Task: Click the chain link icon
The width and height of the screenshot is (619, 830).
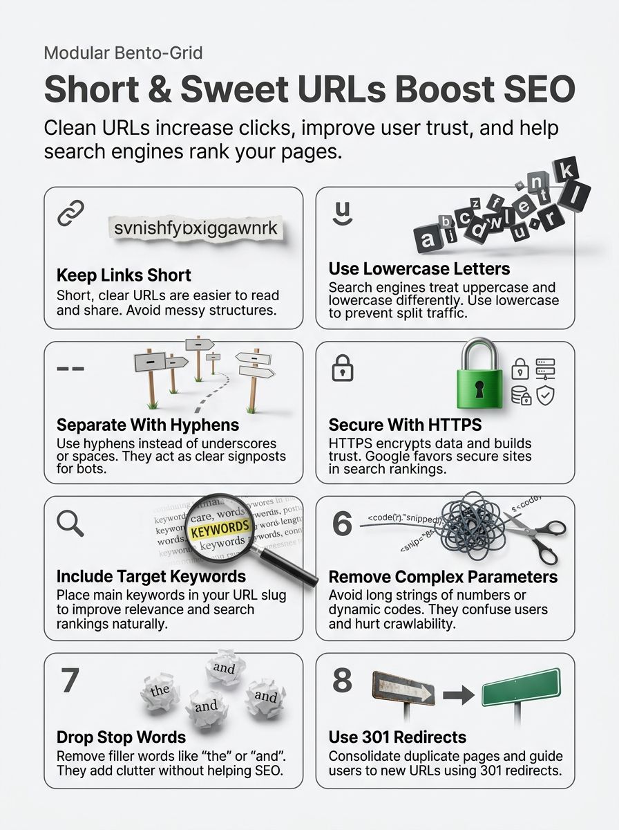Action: tap(70, 213)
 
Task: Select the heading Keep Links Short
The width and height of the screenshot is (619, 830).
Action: tap(124, 275)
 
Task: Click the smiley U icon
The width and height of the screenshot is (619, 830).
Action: tap(341, 213)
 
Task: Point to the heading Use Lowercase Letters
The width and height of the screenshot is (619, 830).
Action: tap(419, 268)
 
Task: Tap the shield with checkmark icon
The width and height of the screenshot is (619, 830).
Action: tap(546, 395)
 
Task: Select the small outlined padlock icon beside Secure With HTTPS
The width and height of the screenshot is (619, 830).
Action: tap(343, 368)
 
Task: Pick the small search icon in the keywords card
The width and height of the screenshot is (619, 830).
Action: tap(70, 525)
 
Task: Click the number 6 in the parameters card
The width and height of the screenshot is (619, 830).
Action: tap(343, 524)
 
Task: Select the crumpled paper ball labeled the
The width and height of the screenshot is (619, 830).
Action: tap(160, 690)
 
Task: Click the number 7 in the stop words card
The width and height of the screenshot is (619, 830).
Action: tap(70, 681)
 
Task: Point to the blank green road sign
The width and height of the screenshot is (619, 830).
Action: tap(521, 687)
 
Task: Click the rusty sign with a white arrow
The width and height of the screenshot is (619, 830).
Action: tap(403, 689)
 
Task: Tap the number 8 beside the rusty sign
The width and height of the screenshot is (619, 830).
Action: tap(343, 681)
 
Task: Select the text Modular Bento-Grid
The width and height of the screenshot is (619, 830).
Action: tap(123, 53)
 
